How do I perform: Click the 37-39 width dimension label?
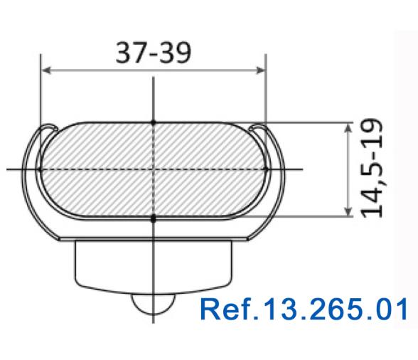(154, 53)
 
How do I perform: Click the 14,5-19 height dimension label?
(372, 169)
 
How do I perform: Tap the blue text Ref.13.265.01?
(304, 309)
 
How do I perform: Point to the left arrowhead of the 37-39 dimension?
(47, 70)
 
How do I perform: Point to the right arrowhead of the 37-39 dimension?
(260, 70)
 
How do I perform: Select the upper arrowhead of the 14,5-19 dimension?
(348, 128)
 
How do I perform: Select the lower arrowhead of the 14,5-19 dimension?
(348, 211)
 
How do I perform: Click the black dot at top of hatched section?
(153, 122)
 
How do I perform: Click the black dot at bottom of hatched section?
(153, 219)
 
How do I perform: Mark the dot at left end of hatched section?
(40, 169)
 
